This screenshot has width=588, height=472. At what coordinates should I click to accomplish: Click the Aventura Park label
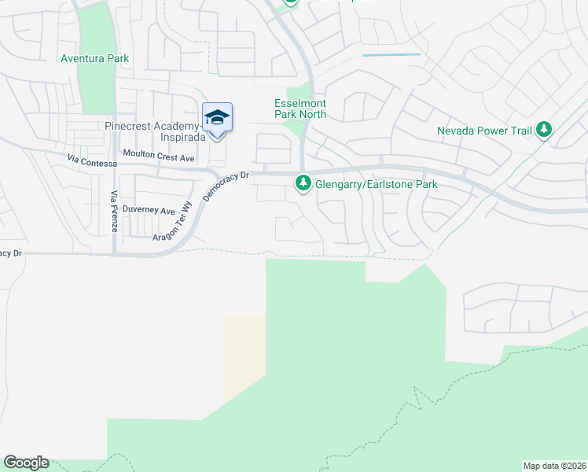(95, 59)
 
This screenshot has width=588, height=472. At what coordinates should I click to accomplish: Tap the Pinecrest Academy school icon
(217, 118)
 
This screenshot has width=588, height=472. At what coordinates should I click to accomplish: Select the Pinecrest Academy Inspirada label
(156, 131)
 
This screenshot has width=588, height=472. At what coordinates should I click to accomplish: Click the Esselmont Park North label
(300, 109)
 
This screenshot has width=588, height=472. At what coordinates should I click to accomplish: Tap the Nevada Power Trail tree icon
(544, 131)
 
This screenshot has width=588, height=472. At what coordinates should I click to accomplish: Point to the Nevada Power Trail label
(484, 131)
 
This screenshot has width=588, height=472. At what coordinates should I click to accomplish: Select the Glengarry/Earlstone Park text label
(376, 184)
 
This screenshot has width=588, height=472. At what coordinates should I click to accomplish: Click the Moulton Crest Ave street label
(158, 157)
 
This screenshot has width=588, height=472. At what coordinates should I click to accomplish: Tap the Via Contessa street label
(92, 160)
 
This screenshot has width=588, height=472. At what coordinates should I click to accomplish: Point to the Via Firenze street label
(115, 210)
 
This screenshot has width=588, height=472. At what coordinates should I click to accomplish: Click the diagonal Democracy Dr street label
(225, 187)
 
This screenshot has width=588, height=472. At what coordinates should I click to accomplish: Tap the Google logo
(26, 463)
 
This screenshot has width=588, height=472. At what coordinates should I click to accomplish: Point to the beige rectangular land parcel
(244, 358)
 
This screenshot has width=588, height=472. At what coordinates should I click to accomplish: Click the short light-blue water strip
(391, 54)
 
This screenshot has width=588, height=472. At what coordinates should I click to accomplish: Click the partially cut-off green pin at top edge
(291, 2)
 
